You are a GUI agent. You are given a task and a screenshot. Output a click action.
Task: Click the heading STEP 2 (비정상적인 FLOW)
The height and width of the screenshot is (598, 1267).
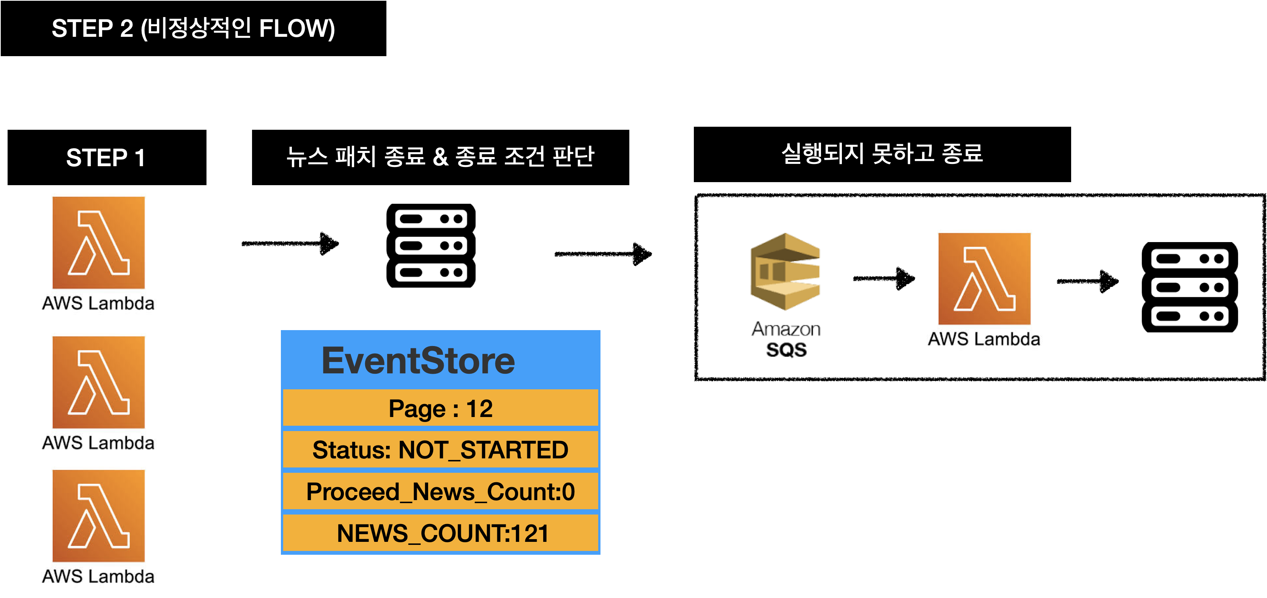[193, 28]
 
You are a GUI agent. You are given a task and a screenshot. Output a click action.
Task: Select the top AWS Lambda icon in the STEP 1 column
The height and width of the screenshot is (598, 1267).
[98, 242]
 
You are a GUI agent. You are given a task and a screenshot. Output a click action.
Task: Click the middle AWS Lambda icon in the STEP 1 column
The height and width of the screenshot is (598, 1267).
[98, 382]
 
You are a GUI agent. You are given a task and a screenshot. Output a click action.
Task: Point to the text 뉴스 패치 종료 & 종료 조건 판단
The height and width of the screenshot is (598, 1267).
[440, 156]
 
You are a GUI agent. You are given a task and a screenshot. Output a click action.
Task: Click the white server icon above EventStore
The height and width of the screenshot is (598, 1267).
[431, 245]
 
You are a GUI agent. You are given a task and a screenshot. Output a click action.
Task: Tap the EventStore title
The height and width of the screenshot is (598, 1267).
[418, 360]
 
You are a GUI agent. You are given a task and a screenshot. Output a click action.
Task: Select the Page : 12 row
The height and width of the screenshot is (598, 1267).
[440, 408]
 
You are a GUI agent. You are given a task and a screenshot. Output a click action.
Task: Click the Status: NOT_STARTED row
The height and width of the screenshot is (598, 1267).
[440, 450]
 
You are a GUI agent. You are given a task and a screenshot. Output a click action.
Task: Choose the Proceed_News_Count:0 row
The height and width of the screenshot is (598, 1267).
[440, 491]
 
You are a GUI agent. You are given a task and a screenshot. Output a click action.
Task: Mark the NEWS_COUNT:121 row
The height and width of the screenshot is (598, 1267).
[440, 533]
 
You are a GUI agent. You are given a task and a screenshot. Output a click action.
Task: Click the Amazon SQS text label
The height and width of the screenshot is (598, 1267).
[786, 339]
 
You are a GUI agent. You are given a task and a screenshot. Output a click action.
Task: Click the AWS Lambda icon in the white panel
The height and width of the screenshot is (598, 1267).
[984, 279]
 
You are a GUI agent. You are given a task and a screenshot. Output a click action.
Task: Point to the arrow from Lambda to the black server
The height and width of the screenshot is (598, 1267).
[1087, 281]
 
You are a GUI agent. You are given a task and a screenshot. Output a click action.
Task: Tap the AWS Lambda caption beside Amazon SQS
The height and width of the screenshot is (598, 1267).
[984, 339]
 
